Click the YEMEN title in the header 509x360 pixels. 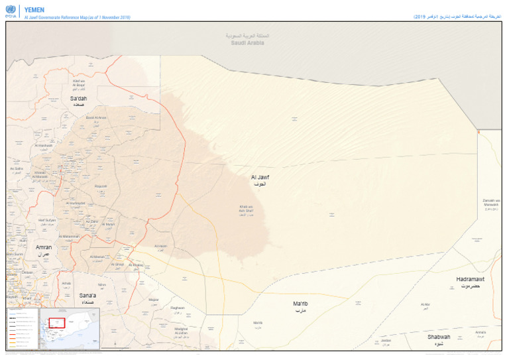click(x=34, y=10)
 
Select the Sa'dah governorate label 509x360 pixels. click(x=78, y=100)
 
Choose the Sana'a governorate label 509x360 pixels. click(x=87, y=296)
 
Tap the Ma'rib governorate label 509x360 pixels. click(x=300, y=305)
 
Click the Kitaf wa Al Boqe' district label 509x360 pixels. click(x=79, y=84)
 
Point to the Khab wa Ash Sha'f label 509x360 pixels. click(x=247, y=210)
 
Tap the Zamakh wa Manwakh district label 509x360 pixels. click(x=491, y=204)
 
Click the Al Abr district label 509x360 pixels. click(x=425, y=306)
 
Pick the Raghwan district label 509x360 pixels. click(x=178, y=308)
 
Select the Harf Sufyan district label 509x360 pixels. click(x=46, y=221)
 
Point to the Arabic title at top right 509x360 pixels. click(x=457, y=15)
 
